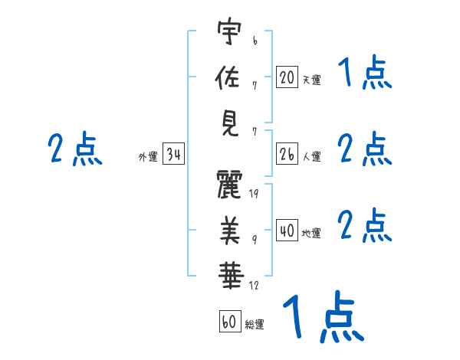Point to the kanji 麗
(x=230, y=185)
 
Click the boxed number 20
(x=287, y=77)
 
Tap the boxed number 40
(x=287, y=231)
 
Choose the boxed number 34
(x=173, y=155)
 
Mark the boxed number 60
(x=229, y=322)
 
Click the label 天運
(x=311, y=79)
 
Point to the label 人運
(x=311, y=157)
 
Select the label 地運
(x=311, y=233)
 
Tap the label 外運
(x=148, y=157)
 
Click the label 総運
(x=255, y=324)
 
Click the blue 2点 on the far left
(x=74, y=149)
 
